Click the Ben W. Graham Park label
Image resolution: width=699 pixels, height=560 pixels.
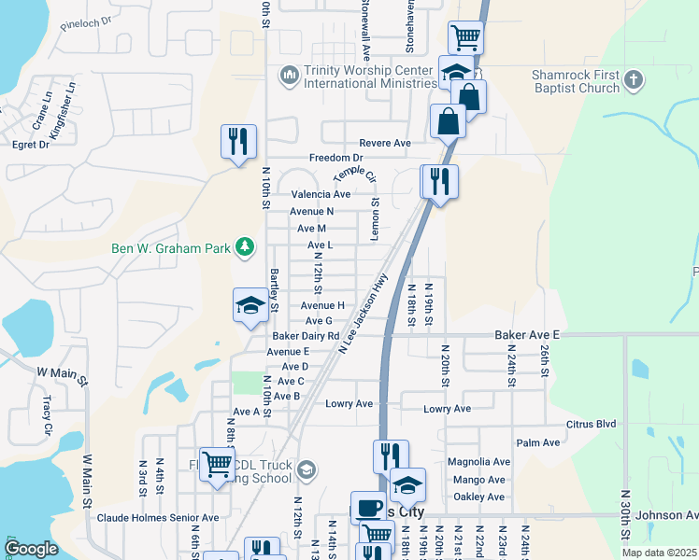(x=171, y=247)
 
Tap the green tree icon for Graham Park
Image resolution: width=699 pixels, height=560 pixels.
(x=244, y=246)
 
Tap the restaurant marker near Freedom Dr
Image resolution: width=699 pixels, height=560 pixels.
(x=238, y=142)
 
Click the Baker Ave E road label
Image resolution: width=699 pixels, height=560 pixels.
(x=527, y=334)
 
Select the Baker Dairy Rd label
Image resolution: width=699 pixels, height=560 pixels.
(x=307, y=336)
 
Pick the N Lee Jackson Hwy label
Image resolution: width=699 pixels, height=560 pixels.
(x=364, y=314)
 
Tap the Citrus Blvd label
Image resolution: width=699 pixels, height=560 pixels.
(x=592, y=424)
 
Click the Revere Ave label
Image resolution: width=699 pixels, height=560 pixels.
(x=385, y=143)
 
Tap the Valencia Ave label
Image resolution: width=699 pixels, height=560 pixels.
(x=321, y=194)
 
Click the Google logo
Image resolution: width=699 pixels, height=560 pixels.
(x=31, y=549)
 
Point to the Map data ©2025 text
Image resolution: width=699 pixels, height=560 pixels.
(x=659, y=553)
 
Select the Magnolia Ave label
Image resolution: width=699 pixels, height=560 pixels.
(x=478, y=462)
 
